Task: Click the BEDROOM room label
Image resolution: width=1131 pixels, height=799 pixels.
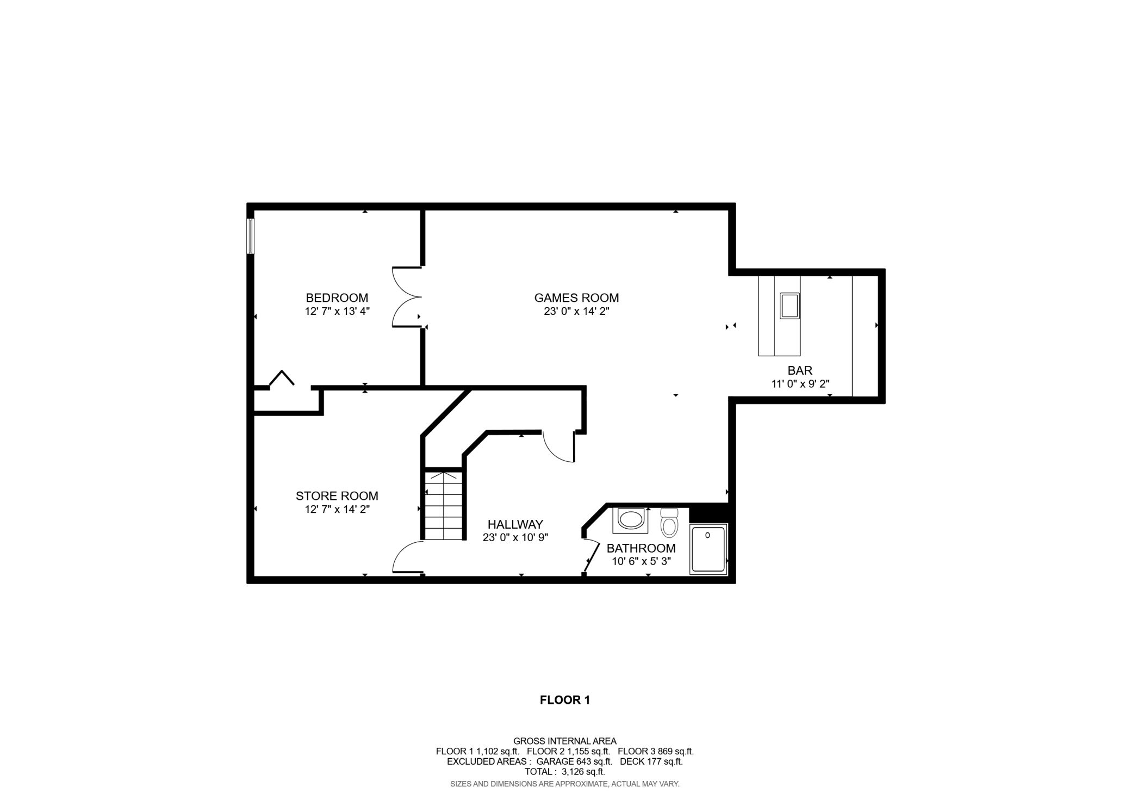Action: (x=337, y=298)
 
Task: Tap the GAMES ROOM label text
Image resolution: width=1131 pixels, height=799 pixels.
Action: (x=576, y=298)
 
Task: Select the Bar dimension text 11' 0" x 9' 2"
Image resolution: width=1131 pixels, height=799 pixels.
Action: (x=800, y=384)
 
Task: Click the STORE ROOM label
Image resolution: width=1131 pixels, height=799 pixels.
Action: (x=337, y=495)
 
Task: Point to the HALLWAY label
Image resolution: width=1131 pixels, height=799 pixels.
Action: (x=515, y=524)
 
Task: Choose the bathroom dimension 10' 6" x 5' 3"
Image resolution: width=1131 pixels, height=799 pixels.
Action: (x=641, y=561)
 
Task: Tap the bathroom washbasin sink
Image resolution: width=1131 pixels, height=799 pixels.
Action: (x=631, y=519)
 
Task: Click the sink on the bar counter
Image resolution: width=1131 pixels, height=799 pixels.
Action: (x=790, y=306)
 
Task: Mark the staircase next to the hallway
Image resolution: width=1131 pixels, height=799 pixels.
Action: (x=444, y=505)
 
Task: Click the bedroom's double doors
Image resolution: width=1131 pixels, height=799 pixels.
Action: (x=407, y=297)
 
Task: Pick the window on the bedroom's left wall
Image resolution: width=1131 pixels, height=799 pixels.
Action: (x=251, y=236)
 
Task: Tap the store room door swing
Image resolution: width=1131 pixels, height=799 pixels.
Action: (x=407, y=558)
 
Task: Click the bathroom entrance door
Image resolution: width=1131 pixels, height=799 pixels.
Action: (x=591, y=556)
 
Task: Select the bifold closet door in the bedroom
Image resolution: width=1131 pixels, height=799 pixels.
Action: (x=282, y=378)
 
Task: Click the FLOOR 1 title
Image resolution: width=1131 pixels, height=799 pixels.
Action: (x=564, y=700)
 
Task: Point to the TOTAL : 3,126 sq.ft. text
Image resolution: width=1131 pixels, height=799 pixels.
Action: (x=564, y=771)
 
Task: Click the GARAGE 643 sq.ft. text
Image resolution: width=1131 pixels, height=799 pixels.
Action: (x=574, y=761)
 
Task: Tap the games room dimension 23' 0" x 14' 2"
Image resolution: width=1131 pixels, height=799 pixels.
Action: (x=576, y=312)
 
